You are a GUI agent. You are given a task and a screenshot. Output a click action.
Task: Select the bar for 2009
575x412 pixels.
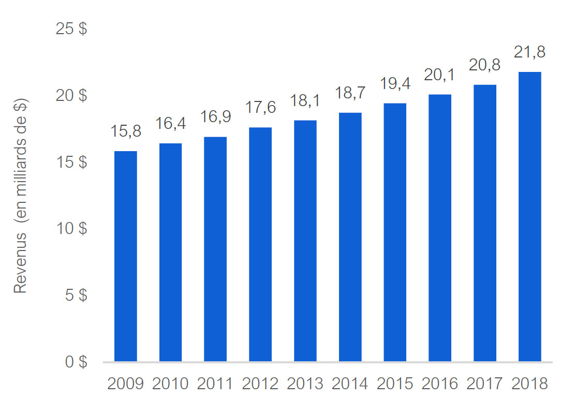[x=126, y=256]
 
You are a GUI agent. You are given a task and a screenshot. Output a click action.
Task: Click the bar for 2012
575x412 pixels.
[x=260, y=244]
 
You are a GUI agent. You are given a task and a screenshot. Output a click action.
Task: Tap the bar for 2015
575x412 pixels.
[x=395, y=232]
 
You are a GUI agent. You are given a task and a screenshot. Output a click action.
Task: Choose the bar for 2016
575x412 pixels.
[x=440, y=228]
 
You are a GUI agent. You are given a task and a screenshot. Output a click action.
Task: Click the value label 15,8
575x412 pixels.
[x=126, y=131]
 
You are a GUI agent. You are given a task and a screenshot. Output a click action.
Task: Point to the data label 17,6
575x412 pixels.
[x=260, y=108]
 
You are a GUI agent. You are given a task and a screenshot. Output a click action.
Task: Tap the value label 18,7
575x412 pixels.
[x=350, y=93]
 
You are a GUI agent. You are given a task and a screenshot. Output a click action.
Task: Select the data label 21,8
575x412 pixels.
[x=529, y=52]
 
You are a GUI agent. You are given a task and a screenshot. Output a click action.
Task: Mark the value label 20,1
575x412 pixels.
[x=440, y=75]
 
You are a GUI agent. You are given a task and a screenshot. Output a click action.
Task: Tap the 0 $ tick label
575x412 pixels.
[x=76, y=362]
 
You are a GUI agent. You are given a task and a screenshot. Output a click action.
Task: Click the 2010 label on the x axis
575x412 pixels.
[x=170, y=384]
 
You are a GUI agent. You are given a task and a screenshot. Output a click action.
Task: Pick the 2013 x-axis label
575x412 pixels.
[x=305, y=384]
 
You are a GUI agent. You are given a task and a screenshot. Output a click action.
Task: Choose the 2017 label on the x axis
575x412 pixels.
[x=484, y=384]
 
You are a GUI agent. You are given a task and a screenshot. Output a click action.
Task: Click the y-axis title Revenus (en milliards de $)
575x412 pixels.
[x=20, y=196]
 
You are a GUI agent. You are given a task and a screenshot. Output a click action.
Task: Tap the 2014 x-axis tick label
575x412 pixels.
[x=350, y=384]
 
